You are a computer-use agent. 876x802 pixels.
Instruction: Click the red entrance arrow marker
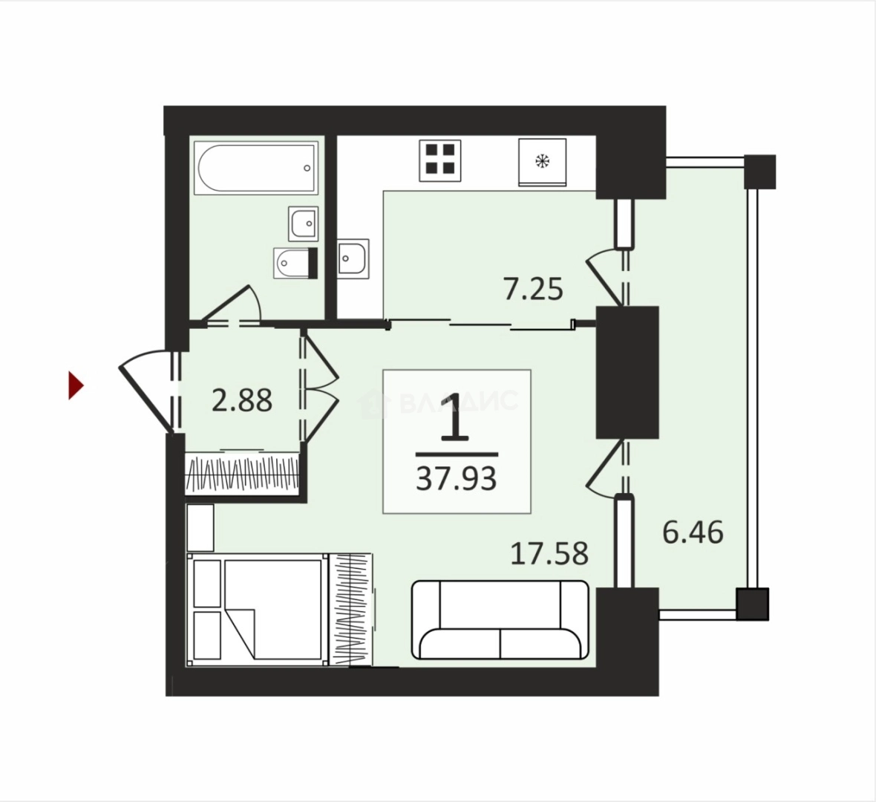pyautogui.click(x=76, y=385)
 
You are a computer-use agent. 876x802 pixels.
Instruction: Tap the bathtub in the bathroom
pyautogui.click(x=256, y=168)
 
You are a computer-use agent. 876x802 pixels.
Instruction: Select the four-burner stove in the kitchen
pyautogui.click(x=440, y=160)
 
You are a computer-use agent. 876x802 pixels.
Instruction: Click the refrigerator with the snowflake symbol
pyautogui.click(x=542, y=162)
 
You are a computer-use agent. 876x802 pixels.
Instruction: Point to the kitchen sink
pyautogui.click(x=353, y=258)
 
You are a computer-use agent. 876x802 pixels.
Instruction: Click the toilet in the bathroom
pyautogui.click(x=295, y=263)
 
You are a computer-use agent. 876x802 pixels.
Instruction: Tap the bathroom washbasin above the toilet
pyautogui.click(x=304, y=223)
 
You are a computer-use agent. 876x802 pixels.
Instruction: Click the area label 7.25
pyautogui.click(x=533, y=290)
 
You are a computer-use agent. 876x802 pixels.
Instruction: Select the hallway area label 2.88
pyautogui.click(x=243, y=400)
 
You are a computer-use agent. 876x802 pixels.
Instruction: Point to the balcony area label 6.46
pyautogui.click(x=693, y=532)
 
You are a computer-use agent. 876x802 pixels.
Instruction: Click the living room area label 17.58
pyautogui.click(x=550, y=553)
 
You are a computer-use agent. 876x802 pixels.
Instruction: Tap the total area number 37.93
pyautogui.click(x=457, y=478)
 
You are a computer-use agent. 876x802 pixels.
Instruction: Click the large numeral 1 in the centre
pyautogui.click(x=457, y=416)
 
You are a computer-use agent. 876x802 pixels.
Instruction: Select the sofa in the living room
pyautogui.click(x=500, y=620)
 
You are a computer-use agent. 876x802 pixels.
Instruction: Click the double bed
pyautogui.click(x=258, y=609)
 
